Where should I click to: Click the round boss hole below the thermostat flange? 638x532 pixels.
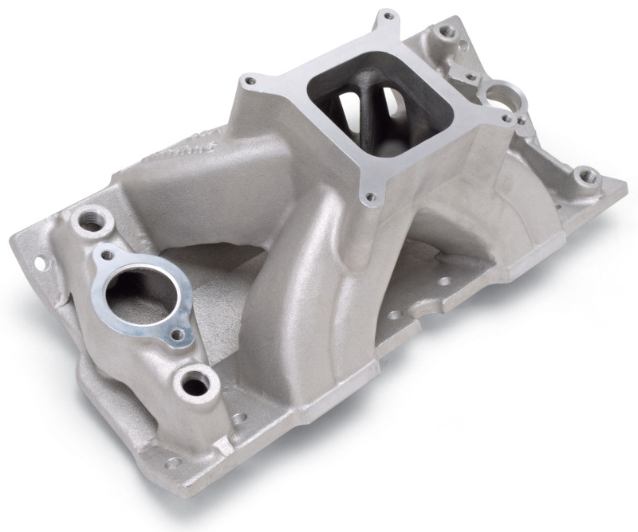pyautogui.click(x=194, y=385)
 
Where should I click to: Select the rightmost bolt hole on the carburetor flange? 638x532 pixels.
pyautogui.click(x=506, y=119)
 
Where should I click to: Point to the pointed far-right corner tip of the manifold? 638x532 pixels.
pyautogui.click(x=625, y=190)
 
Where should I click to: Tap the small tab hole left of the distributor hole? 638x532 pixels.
pyautogui.click(x=471, y=77)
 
